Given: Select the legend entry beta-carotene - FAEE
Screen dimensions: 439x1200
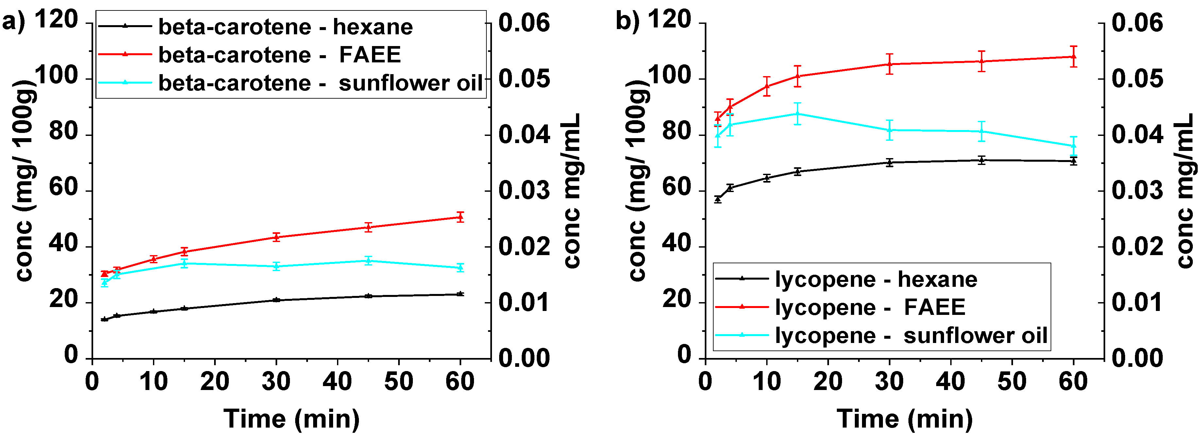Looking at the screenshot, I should pos(279,55).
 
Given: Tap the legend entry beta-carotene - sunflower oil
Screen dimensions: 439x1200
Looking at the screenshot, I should pos(320,83).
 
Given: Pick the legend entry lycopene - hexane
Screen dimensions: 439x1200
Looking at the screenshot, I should pos(876,279).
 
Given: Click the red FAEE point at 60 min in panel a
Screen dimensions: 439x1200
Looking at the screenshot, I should pos(460,217).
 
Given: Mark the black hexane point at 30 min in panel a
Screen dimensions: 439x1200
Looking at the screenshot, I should pos(276,300).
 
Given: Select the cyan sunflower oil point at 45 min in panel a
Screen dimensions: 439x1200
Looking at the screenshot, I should pos(368,260).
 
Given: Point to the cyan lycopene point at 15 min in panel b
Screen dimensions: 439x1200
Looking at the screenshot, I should pos(798,114).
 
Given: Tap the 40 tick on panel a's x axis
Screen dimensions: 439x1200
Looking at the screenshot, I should pos(337,382).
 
